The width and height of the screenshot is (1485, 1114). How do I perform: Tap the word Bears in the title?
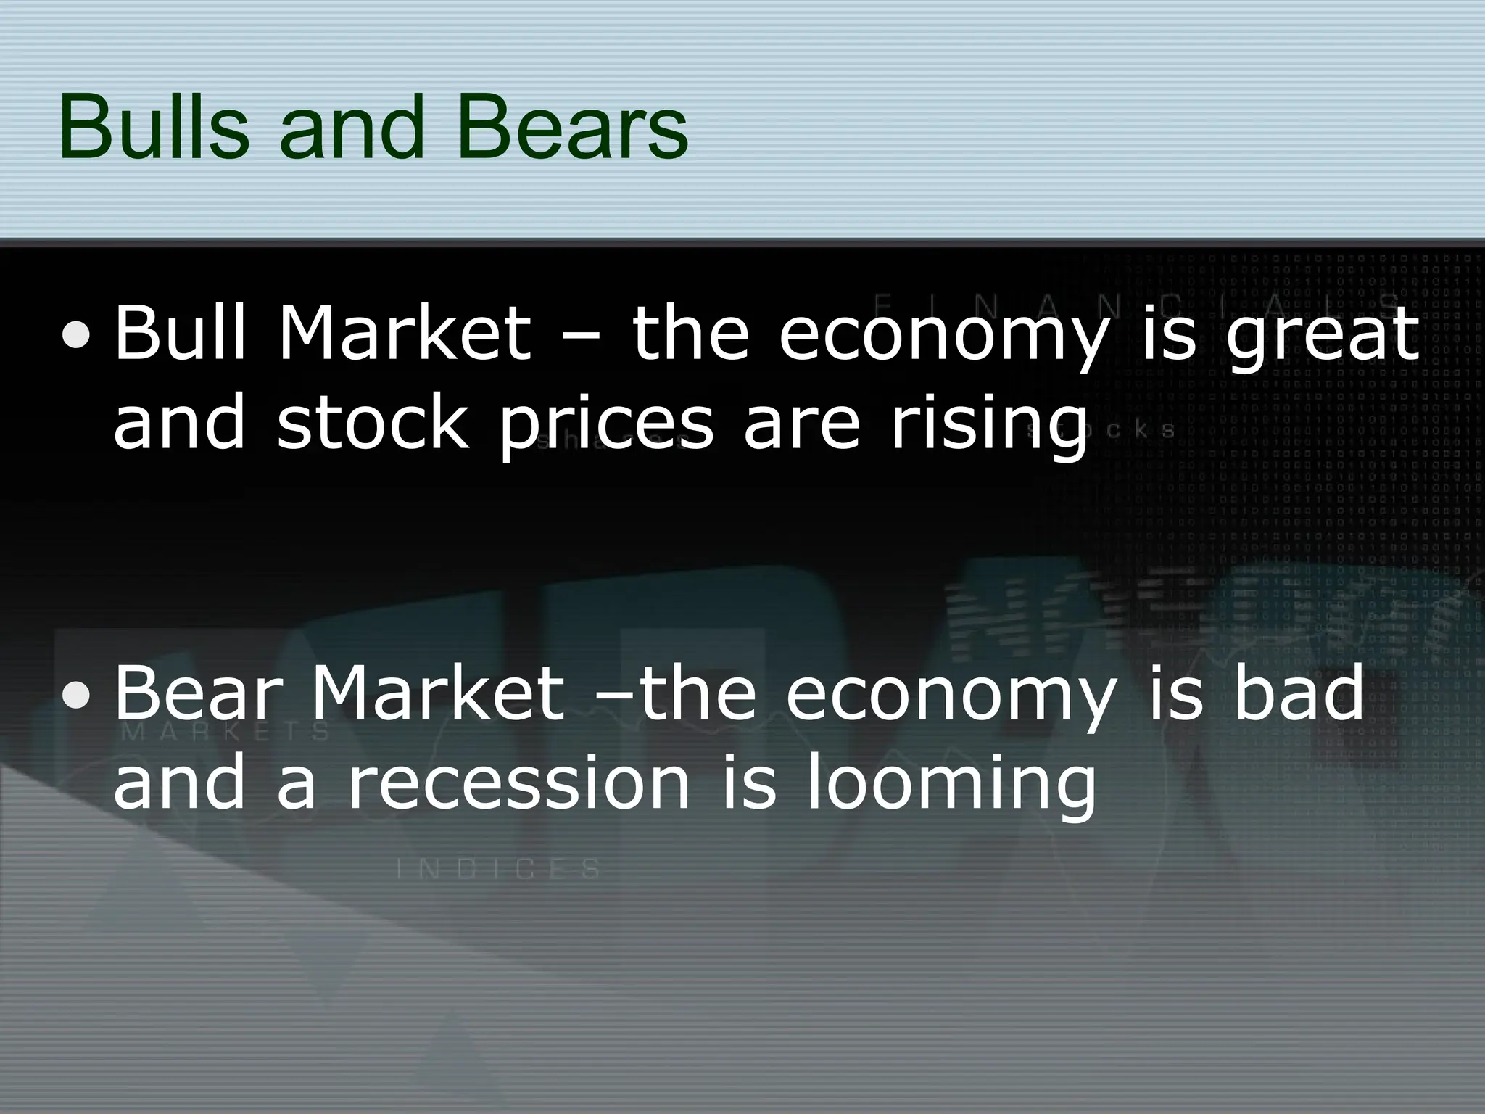pyautogui.click(x=573, y=128)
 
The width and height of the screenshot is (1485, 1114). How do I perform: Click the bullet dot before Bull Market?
pyautogui.click(x=76, y=334)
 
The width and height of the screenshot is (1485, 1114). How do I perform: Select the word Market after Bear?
pyautogui.click(x=438, y=696)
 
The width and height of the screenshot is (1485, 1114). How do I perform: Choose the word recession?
pyautogui.click(x=519, y=782)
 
